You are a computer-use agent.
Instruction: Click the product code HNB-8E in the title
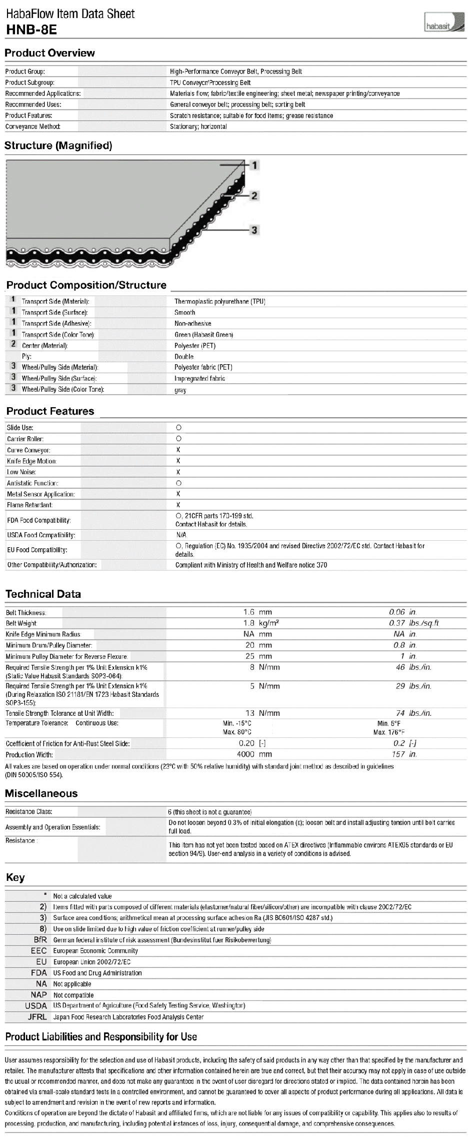pyautogui.click(x=31, y=30)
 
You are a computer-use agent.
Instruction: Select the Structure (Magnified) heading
pyautogui.click(x=58, y=146)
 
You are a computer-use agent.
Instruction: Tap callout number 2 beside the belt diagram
pyautogui.click(x=254, y=196)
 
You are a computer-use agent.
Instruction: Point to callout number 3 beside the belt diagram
pyautogui.click(x=254, y=230)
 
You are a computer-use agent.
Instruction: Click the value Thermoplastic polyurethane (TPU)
pyautogui.click(x=219, y=302)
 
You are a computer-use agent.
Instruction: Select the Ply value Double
pyautogui.click(x=183, y=357)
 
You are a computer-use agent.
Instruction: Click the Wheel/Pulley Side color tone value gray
pyautogui.click(x=180, y=390)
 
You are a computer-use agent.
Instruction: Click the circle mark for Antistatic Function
pyautogui.click(x=178, y=483)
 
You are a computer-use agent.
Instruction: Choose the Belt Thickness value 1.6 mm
pyautogui.click(x=257, y=612)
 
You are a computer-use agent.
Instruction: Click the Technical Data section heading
pyautogui.click(x=43, y=594)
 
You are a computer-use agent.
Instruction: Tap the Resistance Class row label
pyautogui.click(x=29, y=811)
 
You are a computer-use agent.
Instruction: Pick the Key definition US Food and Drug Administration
pyautogui.click(x=97, y=973)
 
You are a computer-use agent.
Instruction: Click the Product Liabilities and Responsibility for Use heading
pyautogui.click(x=101, y=1037)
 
